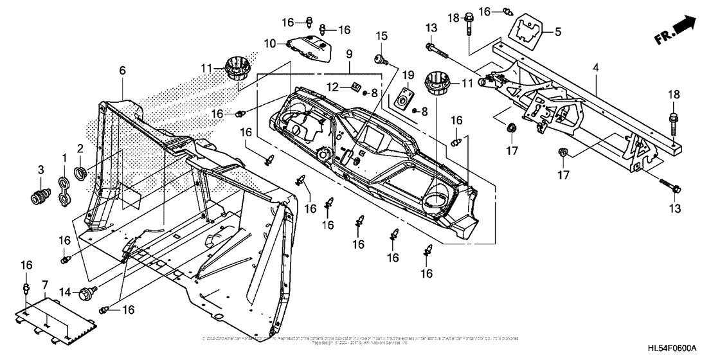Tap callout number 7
coord(45,284)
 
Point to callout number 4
coord(597,66)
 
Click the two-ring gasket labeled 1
coord(64,191)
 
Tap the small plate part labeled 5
coord(528,31)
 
